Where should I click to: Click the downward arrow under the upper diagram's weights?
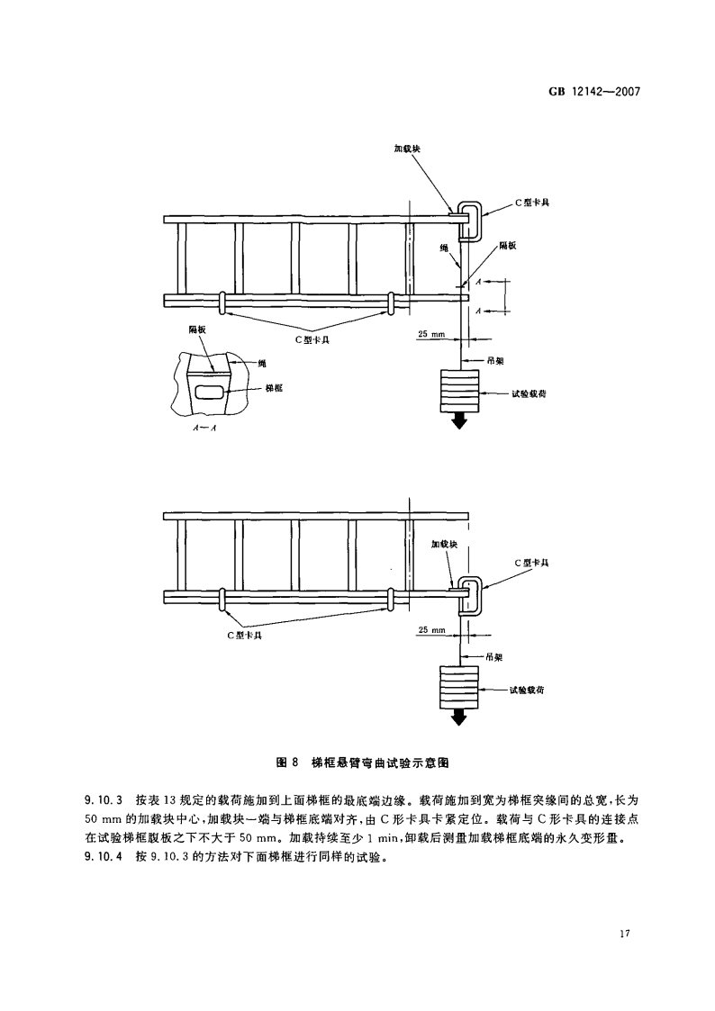click(459, 420)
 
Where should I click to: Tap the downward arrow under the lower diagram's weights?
click(459, 717)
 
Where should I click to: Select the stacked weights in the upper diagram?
click(459, 391)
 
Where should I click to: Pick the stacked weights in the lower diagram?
click(459, 687)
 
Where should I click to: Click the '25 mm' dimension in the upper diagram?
click(432, 334)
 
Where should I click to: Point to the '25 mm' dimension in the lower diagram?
click(432, 629)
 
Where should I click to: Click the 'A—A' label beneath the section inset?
click(204, 430)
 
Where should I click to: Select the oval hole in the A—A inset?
click(210, 390)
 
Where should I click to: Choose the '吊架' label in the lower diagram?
click(492, 656)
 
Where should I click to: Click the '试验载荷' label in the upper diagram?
click(529, 393)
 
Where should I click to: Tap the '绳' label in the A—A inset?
click(262, 363)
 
